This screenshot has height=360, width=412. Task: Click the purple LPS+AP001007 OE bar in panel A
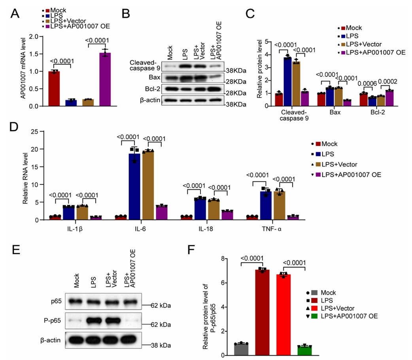(105, 79)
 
